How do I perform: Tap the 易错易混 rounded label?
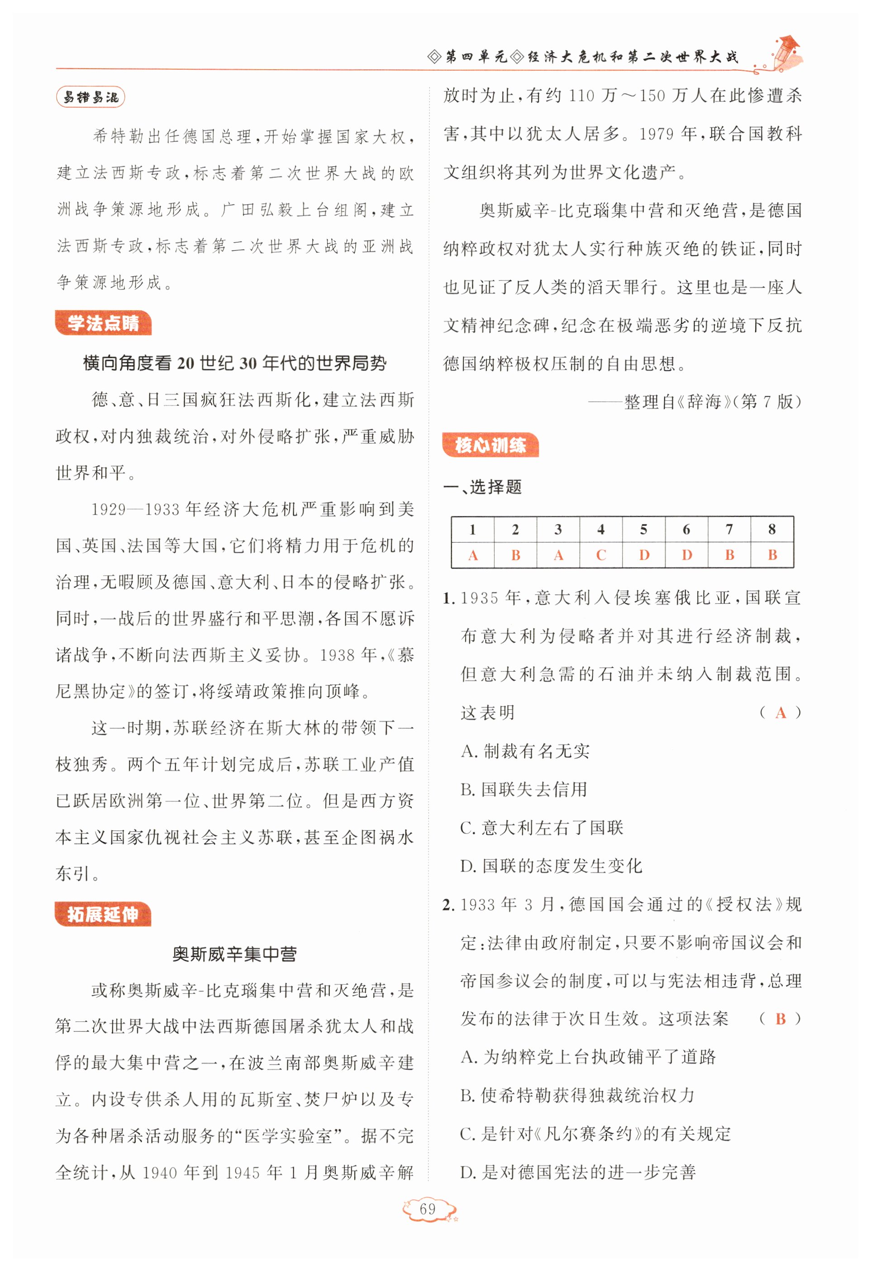90,98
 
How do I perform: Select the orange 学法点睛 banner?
103,323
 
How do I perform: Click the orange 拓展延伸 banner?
103,915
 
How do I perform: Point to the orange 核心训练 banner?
490,445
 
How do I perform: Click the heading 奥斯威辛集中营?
234,954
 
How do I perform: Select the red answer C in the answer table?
600,555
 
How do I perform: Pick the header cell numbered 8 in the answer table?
771,530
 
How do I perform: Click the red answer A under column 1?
473,555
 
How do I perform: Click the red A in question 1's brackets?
781,713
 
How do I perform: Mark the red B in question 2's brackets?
781,1019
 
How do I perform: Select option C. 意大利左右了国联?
542,828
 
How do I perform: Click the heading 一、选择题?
482,487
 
